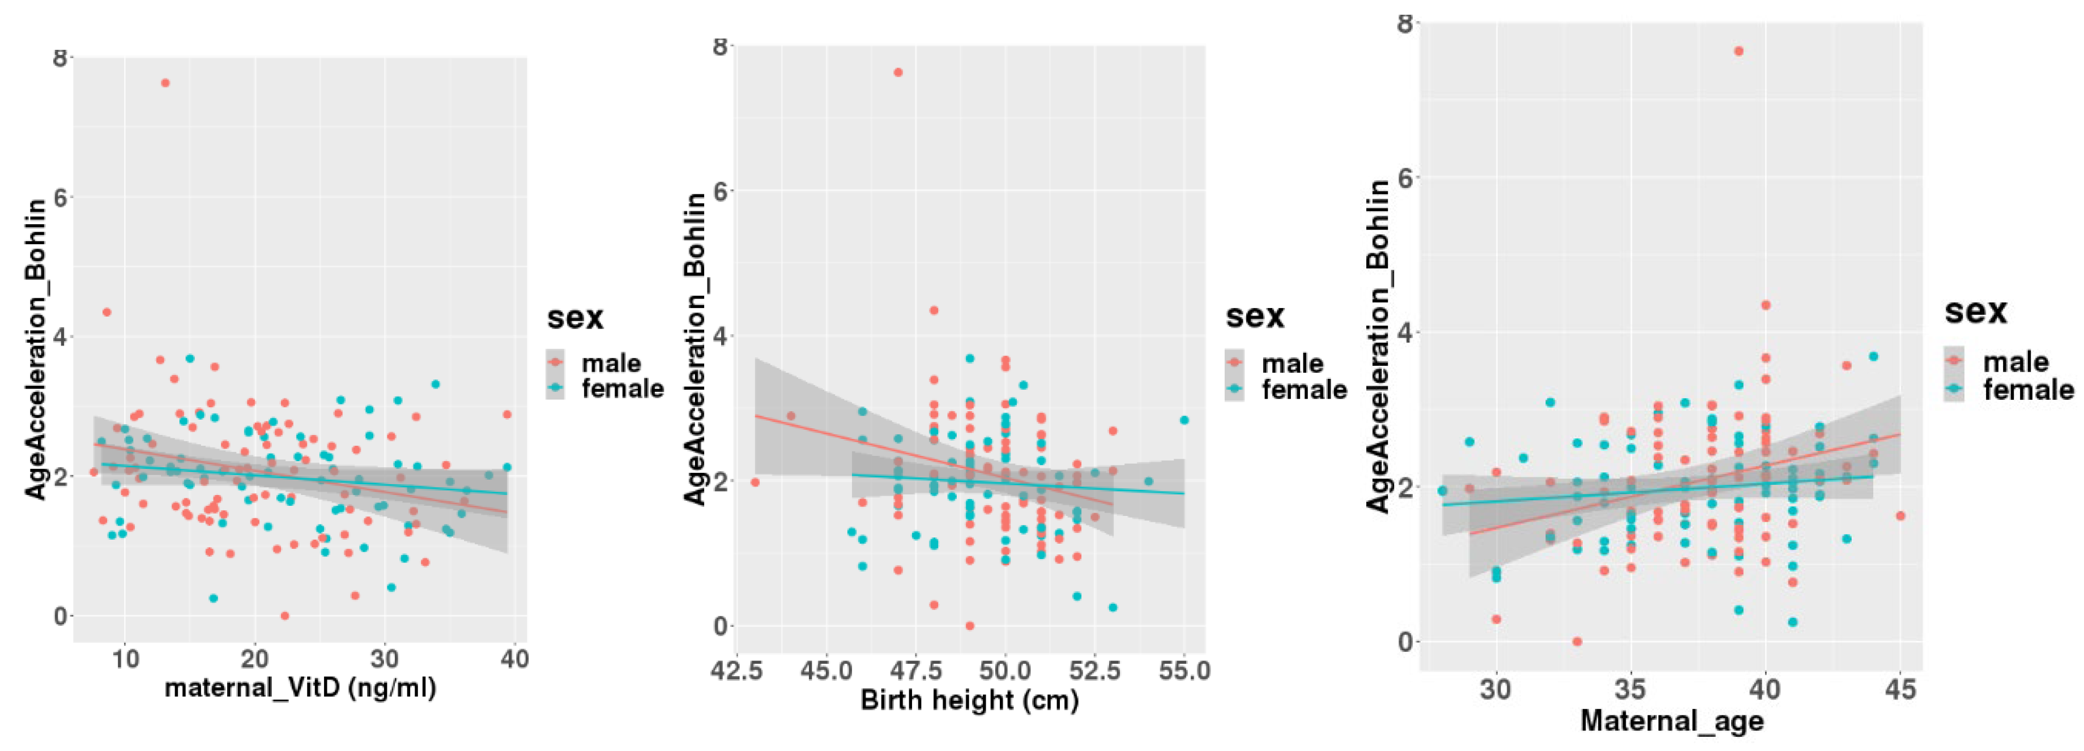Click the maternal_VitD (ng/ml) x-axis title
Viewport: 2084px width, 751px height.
pyautogui.click(x=300, y=688)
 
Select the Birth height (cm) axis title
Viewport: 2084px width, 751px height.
pyautogui.click(x=969, y=699)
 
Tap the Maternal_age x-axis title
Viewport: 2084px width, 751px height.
pyautogui.click(x=1672, y=720)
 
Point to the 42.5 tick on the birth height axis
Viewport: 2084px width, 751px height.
pyautogui.click(x=736, y=671)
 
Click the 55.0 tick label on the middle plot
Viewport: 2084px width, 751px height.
pyautogui.click(x=1183, y=671)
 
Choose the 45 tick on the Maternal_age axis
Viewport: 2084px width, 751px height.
pyautogui.click(x=1900, y=690)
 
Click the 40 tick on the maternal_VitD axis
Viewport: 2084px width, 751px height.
pyautogui.click(x=514, y=659)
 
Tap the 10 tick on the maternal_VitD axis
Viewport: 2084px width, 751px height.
pyautogui.click(x=125, y=659)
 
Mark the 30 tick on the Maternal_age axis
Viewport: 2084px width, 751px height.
pyautogui.click(x=1496, y=690)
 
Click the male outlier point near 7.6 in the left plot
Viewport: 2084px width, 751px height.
pyautogui.click(x=165, y=83)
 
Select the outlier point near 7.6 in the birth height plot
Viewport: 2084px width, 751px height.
pyautogui.click(x=898, y=72)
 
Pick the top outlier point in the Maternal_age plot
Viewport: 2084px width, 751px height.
pyautogui.click(x=1738, y=51)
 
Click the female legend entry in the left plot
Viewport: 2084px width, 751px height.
pyautogui.click(x=621, y=389)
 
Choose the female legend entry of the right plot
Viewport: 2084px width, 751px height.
pyautogui.click(x=2027, y=390)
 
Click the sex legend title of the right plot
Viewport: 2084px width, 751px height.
pyautogui.click(x=1976, y=311)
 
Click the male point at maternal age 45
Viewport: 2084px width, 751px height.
pyautogui.click(x=1900, y=515)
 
